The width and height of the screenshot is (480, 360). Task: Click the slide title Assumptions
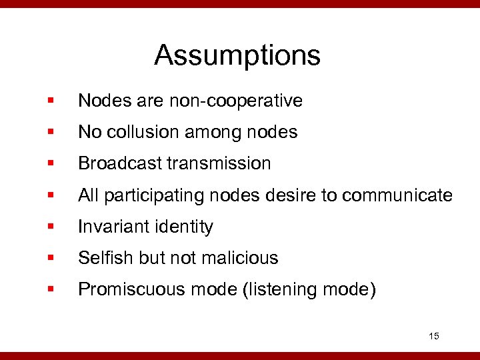pos(237,55)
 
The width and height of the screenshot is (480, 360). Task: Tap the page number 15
pos(434,336)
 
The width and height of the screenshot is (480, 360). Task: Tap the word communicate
pos(401,195)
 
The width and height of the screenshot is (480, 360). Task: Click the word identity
pos(181,227)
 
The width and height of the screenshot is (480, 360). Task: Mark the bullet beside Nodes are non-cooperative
pos(50,101)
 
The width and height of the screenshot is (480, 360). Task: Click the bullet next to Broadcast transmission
pos(50,164)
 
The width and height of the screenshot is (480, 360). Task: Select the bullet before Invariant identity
pos(50,227)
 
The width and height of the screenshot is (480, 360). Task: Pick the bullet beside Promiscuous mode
pos(50,290)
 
